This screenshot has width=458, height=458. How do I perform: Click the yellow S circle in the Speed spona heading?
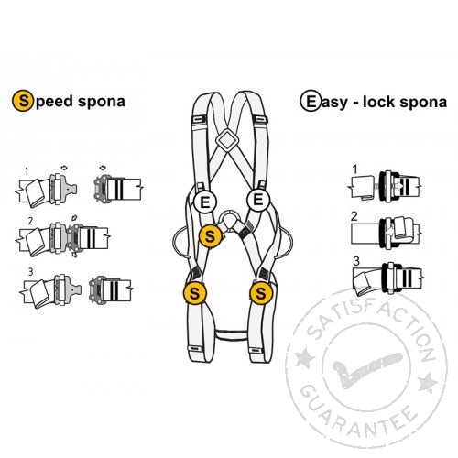23,101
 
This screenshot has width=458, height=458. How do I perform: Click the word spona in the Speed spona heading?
102,102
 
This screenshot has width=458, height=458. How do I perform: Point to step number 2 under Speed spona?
30,220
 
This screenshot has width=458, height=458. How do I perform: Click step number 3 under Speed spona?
30,271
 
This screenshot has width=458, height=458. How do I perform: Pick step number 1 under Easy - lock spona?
354,169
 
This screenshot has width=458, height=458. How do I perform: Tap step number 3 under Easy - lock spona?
356,261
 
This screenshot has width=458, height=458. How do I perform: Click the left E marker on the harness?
205,202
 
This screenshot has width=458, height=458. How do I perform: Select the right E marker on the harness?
258,200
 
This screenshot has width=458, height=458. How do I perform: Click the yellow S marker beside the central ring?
210,236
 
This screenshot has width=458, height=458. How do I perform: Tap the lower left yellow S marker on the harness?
194,293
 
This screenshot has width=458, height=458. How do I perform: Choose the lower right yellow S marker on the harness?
261,293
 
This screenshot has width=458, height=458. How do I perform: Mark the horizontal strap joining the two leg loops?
231,334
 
